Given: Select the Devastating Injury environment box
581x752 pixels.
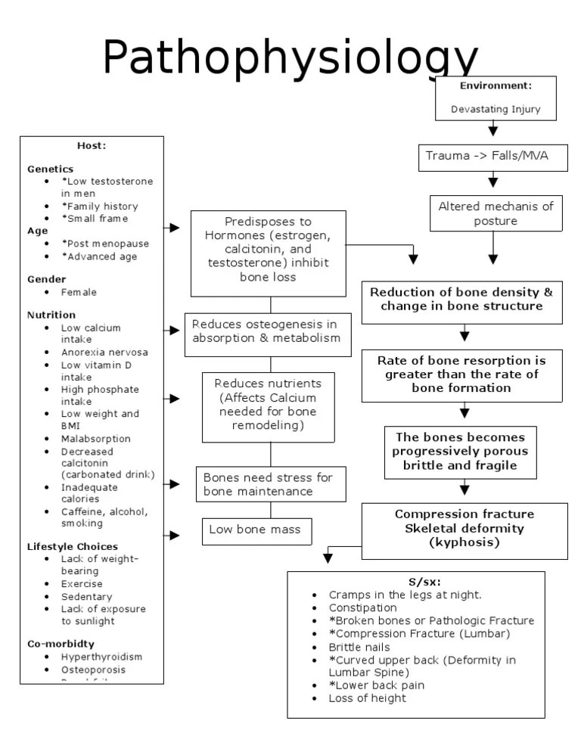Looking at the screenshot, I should (x=496, y=98).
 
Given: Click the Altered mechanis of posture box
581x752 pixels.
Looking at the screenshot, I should (x=496, y=213).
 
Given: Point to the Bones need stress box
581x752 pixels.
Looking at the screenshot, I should (x=268, y=484).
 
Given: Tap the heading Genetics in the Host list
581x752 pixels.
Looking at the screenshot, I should (x=51, y=169).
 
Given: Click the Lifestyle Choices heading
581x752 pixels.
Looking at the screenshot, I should (x=73, y=546).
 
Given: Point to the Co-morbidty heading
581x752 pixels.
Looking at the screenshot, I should (x=61, y=644).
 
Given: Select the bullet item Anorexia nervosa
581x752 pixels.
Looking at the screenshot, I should (x=104, y=353).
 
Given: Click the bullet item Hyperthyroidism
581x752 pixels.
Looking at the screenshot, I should (x=101, y=657).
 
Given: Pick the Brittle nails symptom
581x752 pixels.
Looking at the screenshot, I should (x=359, y=647).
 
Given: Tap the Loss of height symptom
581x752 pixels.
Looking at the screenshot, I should (x=367, y=698).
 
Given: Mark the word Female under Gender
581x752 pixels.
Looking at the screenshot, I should (x=79, y=292).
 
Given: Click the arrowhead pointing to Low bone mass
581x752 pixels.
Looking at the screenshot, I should (x=175, y=536).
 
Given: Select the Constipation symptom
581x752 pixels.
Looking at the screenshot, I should (x=362, y=608).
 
